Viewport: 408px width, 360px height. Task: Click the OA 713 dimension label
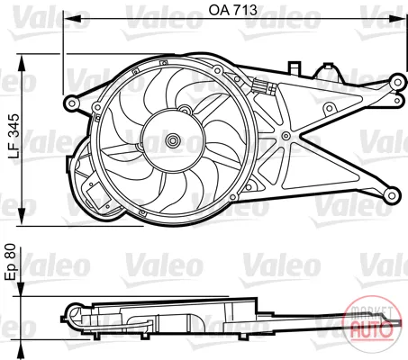point(233,10)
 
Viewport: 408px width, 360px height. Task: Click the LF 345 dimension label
point(14,136)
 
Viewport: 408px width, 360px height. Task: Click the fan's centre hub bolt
point(173,139)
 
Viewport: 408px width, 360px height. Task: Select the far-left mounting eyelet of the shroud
point(72,103)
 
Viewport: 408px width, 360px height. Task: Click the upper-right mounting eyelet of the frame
point(397,82)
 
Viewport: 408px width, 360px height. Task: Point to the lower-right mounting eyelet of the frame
point(392,195)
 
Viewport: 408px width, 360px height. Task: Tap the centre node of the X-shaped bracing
point(286,136)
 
